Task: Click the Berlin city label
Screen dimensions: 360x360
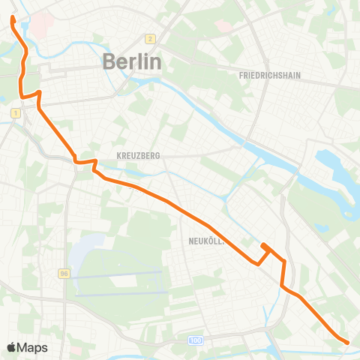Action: point(131,61)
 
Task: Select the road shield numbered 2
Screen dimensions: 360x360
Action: point(150,39)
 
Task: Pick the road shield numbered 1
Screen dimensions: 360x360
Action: point(14,112)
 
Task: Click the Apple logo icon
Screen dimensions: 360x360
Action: point(12,347)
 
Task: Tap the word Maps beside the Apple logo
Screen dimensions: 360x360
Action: point(33,347)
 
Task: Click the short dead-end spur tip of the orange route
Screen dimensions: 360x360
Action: point(262,245)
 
